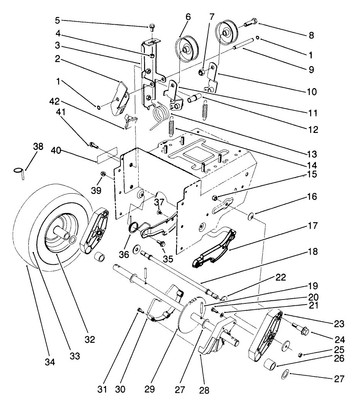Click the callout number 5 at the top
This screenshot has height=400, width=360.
tap(133, 20)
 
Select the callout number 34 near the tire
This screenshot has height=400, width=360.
tap(50, 362)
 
